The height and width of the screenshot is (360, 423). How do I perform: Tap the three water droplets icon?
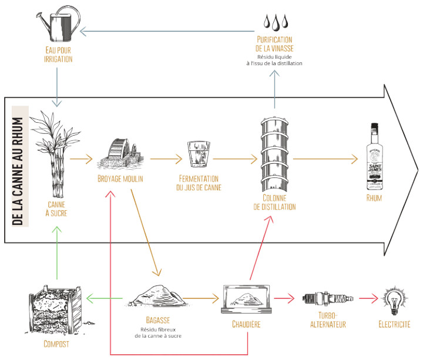275,21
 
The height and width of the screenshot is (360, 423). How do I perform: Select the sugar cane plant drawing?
58,156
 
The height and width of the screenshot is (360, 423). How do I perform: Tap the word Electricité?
394,324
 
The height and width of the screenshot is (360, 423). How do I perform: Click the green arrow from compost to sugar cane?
56,253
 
